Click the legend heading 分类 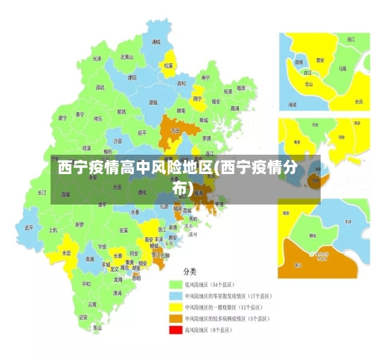click(190, 271)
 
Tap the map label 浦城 click(155, 42)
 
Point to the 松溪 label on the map click(168, 65)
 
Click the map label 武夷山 click(127, 57)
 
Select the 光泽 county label click(97, 58)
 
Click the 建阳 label click(132, 77)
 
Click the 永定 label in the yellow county click(66, 253)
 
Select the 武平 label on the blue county click(29, 228)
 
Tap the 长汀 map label click(42, 192)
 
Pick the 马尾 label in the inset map click(342, 68)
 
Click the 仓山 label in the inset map click(309, 84)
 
